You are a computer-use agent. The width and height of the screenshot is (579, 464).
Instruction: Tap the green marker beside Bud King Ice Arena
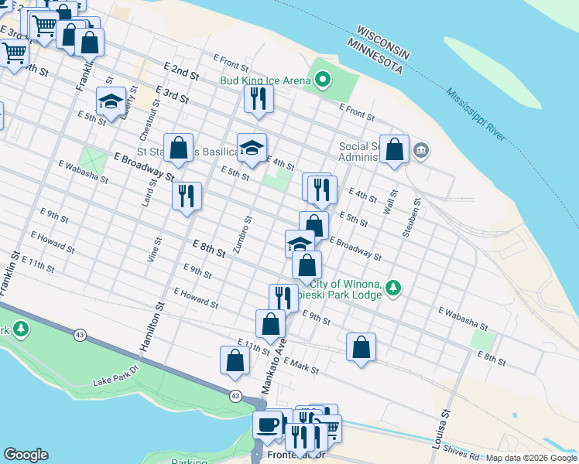[x=322, y=80]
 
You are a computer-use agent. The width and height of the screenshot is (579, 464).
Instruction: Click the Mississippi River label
[x=475, y=114]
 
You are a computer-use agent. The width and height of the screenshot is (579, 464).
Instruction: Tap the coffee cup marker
[x=268, y=425]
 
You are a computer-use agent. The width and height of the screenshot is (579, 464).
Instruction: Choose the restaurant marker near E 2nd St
[x=257, y=98]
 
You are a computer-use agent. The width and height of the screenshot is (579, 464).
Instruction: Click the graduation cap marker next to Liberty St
[x=111, y=101]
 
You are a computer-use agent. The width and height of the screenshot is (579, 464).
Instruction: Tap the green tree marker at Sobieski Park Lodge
[x=395, y=288]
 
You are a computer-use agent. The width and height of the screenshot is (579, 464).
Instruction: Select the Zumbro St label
[x=246, y=230]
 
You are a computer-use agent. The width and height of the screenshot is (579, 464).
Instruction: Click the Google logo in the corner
[x=26, y=455]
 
